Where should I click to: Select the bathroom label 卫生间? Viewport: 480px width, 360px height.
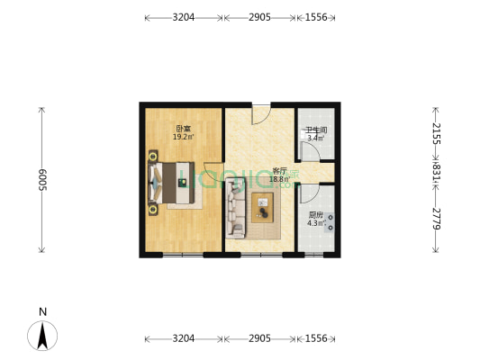[x=316, y=130]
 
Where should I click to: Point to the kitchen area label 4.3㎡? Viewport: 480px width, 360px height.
[x=314, y=223]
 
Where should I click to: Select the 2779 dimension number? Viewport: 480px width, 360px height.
[x=436, y=218]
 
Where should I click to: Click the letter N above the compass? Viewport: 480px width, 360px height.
[x=42, y=311]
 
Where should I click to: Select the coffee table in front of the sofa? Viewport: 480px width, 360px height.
[x=263, y=206]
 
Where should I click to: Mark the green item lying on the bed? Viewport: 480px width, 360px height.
[x=183, y=183]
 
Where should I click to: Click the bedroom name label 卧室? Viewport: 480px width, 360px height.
[x=183, y=129]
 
